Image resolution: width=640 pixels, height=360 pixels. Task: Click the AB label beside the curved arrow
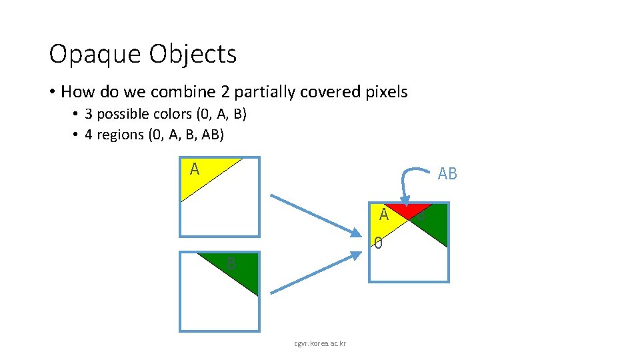[x=447, y=174]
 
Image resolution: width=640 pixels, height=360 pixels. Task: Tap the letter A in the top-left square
[x=194, y=169]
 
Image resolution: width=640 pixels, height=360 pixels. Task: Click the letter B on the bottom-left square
[x=230, y=264]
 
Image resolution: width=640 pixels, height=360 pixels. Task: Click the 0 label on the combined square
[x=378, y=243]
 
